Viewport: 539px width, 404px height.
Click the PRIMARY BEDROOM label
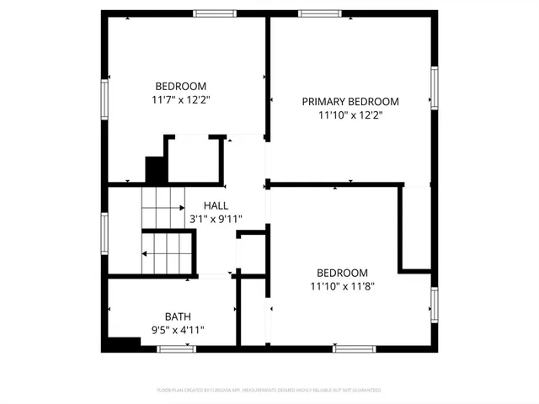pyautogui.click(x=350, y=101)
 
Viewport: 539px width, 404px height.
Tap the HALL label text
pyautogui.click(x=216, y=205)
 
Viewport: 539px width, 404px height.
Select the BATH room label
pyautogui.click(x=178, y=316)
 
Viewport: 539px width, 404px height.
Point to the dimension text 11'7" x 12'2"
pyautogui.click(x=180, y=99)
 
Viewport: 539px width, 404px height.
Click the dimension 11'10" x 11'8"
pyautogui.click(x=342, y=286)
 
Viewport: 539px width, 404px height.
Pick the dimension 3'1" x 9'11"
pyautogui.click(x=216, y=219)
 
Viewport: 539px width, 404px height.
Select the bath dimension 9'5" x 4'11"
pyautogui.click(x=178, y=330)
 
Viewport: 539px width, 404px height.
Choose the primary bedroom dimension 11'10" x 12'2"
pyautogui.click(x=350, y=115)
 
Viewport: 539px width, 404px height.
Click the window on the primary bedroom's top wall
pyautogui.click(x=320, y=13)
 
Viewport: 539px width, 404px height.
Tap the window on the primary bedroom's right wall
pyautogui.click(x=435, y=88)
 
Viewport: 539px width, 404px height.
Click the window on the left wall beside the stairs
pyautogui.click(x=104, y=232)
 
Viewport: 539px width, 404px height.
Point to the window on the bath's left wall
pyautogui.click(x=104, y=313)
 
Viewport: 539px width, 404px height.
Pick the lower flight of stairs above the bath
pyautogui.click(x=167, y=252)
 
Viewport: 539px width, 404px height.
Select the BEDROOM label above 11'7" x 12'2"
pyautogui.click(x=180, y=86)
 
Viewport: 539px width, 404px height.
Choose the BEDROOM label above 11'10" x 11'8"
pyautogui.click(x=342, y=273)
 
